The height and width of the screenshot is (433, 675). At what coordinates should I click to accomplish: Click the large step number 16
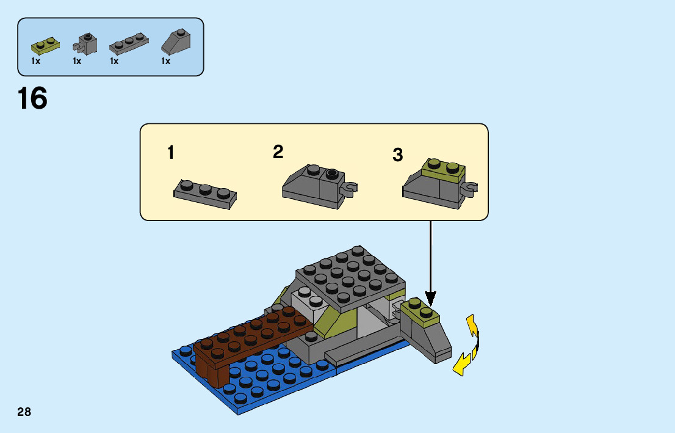coord(32,99)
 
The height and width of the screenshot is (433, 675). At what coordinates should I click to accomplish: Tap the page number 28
coord(24,412)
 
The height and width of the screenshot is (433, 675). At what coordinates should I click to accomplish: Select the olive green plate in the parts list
coord(46,45)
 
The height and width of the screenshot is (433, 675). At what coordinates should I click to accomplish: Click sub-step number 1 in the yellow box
coord(171,153)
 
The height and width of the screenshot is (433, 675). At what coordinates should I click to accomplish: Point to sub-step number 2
coord(278,152)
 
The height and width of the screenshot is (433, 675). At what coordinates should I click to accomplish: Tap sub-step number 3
coord(398,156)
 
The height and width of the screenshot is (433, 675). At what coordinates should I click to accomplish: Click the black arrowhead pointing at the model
coord(431,299)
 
